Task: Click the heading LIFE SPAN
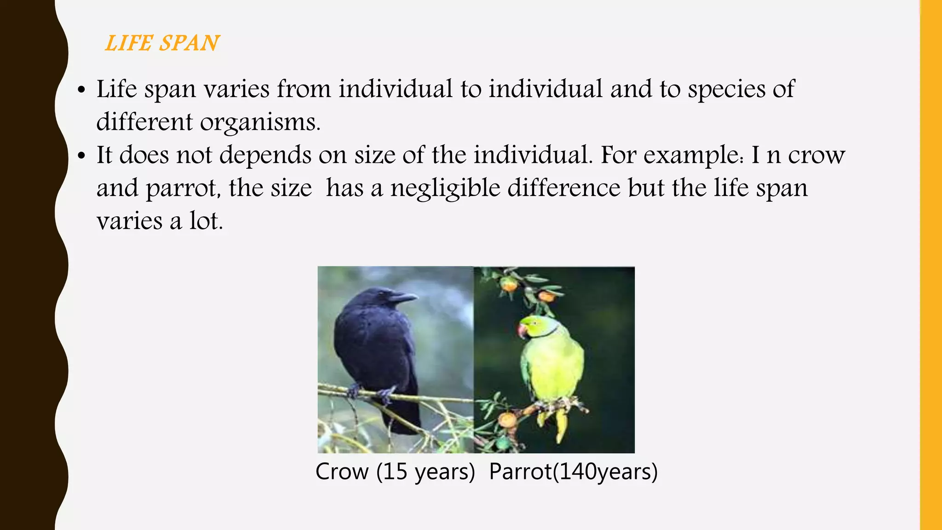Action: click(x=162, y=43)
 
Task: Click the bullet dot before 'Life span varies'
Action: click(x=82, y=91)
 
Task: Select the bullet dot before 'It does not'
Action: click(x=82, y=156)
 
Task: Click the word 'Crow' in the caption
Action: click(x=342, y=472)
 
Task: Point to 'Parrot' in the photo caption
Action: click(x=520, y=472)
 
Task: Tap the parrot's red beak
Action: click(x=522, y=330)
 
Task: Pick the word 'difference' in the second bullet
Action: click(x=564, y=188)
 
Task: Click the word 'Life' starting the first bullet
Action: click(x=116, y=89)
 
